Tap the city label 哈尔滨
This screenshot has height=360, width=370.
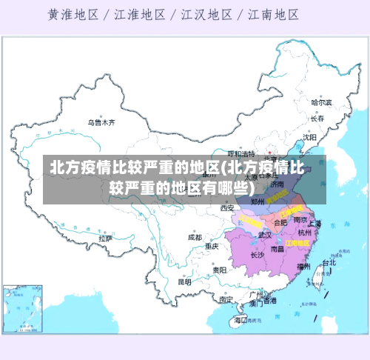pos(321,102)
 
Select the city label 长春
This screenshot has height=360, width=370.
pos(317,118)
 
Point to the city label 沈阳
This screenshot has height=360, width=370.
pos(309,137)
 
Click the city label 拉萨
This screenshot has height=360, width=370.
pos(105,239)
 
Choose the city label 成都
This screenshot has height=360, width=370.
pos(195,237)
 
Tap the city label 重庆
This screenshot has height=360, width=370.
pos(212,245)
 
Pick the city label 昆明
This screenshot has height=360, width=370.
pos(184,281)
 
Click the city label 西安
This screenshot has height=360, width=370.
pos(226,208)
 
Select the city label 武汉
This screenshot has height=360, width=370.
pos(264,235)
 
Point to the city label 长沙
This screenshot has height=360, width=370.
pos(257,255)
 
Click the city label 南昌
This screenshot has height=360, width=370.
pos(277,250)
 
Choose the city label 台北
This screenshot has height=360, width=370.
pos(329,262)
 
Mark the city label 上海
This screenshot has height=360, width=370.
pos(314,223)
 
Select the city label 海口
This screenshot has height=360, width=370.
pos(240,320)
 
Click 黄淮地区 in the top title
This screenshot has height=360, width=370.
pos(77,14)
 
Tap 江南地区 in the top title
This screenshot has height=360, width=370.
pos(274,14)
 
